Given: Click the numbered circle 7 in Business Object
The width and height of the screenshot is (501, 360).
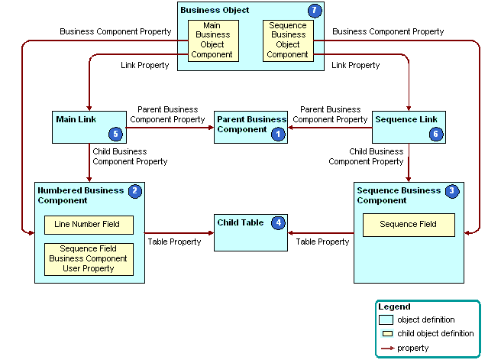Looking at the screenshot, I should tap(315, 11).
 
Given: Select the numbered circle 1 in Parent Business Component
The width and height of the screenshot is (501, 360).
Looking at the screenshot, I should tap(277, 133).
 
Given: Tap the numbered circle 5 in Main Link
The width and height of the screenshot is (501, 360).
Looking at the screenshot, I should tap(116, 134).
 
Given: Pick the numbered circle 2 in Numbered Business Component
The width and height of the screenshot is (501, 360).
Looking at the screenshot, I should tap(135, 191).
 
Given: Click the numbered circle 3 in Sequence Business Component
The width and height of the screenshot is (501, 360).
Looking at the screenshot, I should tap(453, 191).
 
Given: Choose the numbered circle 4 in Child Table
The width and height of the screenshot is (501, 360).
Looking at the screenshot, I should tap(279, 223).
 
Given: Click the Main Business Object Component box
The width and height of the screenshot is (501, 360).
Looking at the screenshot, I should tap(212, 40).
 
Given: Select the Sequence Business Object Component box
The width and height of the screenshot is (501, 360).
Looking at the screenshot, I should tap(287, 40).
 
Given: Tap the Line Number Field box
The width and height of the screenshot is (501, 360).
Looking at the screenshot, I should tap(89, 225).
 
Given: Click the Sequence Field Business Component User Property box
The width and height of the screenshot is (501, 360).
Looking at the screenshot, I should tap(89, 259).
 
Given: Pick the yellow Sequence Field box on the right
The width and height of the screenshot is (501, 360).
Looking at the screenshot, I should tap(408, 225).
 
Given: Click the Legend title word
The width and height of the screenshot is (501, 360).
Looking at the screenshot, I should tap(394, 306).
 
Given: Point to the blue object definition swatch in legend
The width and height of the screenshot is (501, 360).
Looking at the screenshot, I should tap(386, 319).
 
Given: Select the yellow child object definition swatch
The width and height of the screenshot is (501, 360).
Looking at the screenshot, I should tap(386, 334).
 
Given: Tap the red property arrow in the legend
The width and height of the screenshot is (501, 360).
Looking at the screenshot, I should tap(386, 348).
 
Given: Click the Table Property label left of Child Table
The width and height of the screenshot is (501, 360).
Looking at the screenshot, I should tap(174, 242).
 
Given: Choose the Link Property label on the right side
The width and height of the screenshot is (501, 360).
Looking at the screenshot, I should tap(355, 66).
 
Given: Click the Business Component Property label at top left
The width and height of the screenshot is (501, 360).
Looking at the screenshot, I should tap(115, 31).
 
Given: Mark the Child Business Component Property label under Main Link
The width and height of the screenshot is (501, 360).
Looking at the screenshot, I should tap(130, 157).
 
